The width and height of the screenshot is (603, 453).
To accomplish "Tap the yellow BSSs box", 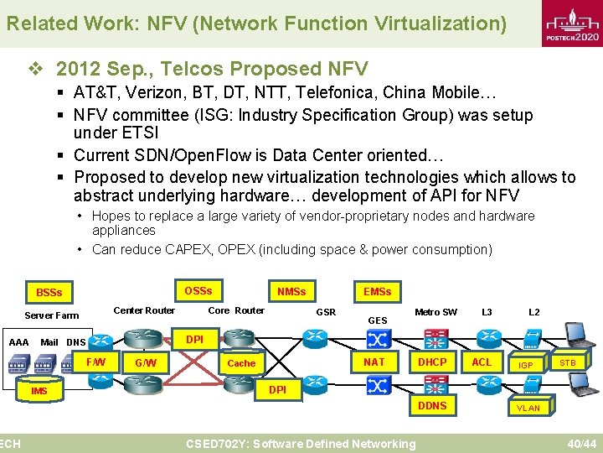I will (x=49, y=293).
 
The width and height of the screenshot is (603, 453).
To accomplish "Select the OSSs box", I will (x=198, y=291).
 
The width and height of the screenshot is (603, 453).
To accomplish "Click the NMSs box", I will (x=291, y=292).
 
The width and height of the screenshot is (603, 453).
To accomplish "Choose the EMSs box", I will (x=377, y=291).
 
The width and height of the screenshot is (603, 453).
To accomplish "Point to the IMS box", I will (x=39, y=391).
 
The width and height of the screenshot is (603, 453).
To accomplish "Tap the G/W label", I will (x=146, y=363).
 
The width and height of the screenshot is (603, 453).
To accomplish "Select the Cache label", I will (x=241, y=363).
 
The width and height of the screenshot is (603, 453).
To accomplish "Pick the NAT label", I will (x=374, y=362).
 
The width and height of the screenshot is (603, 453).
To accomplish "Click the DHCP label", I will (x=432, y=362).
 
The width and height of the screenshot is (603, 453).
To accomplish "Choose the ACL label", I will (x=482, y=362).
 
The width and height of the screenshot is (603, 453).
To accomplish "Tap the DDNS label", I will (x=432, y=405).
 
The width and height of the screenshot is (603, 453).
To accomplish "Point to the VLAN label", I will (x=528, y=408).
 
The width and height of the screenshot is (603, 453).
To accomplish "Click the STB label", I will (x=567, y=362).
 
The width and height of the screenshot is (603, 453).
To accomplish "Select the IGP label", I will (x=525, y=365).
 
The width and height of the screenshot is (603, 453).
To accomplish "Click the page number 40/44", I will (x=581, y=443).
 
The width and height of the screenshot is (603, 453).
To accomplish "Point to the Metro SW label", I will (x=435, y=312).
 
